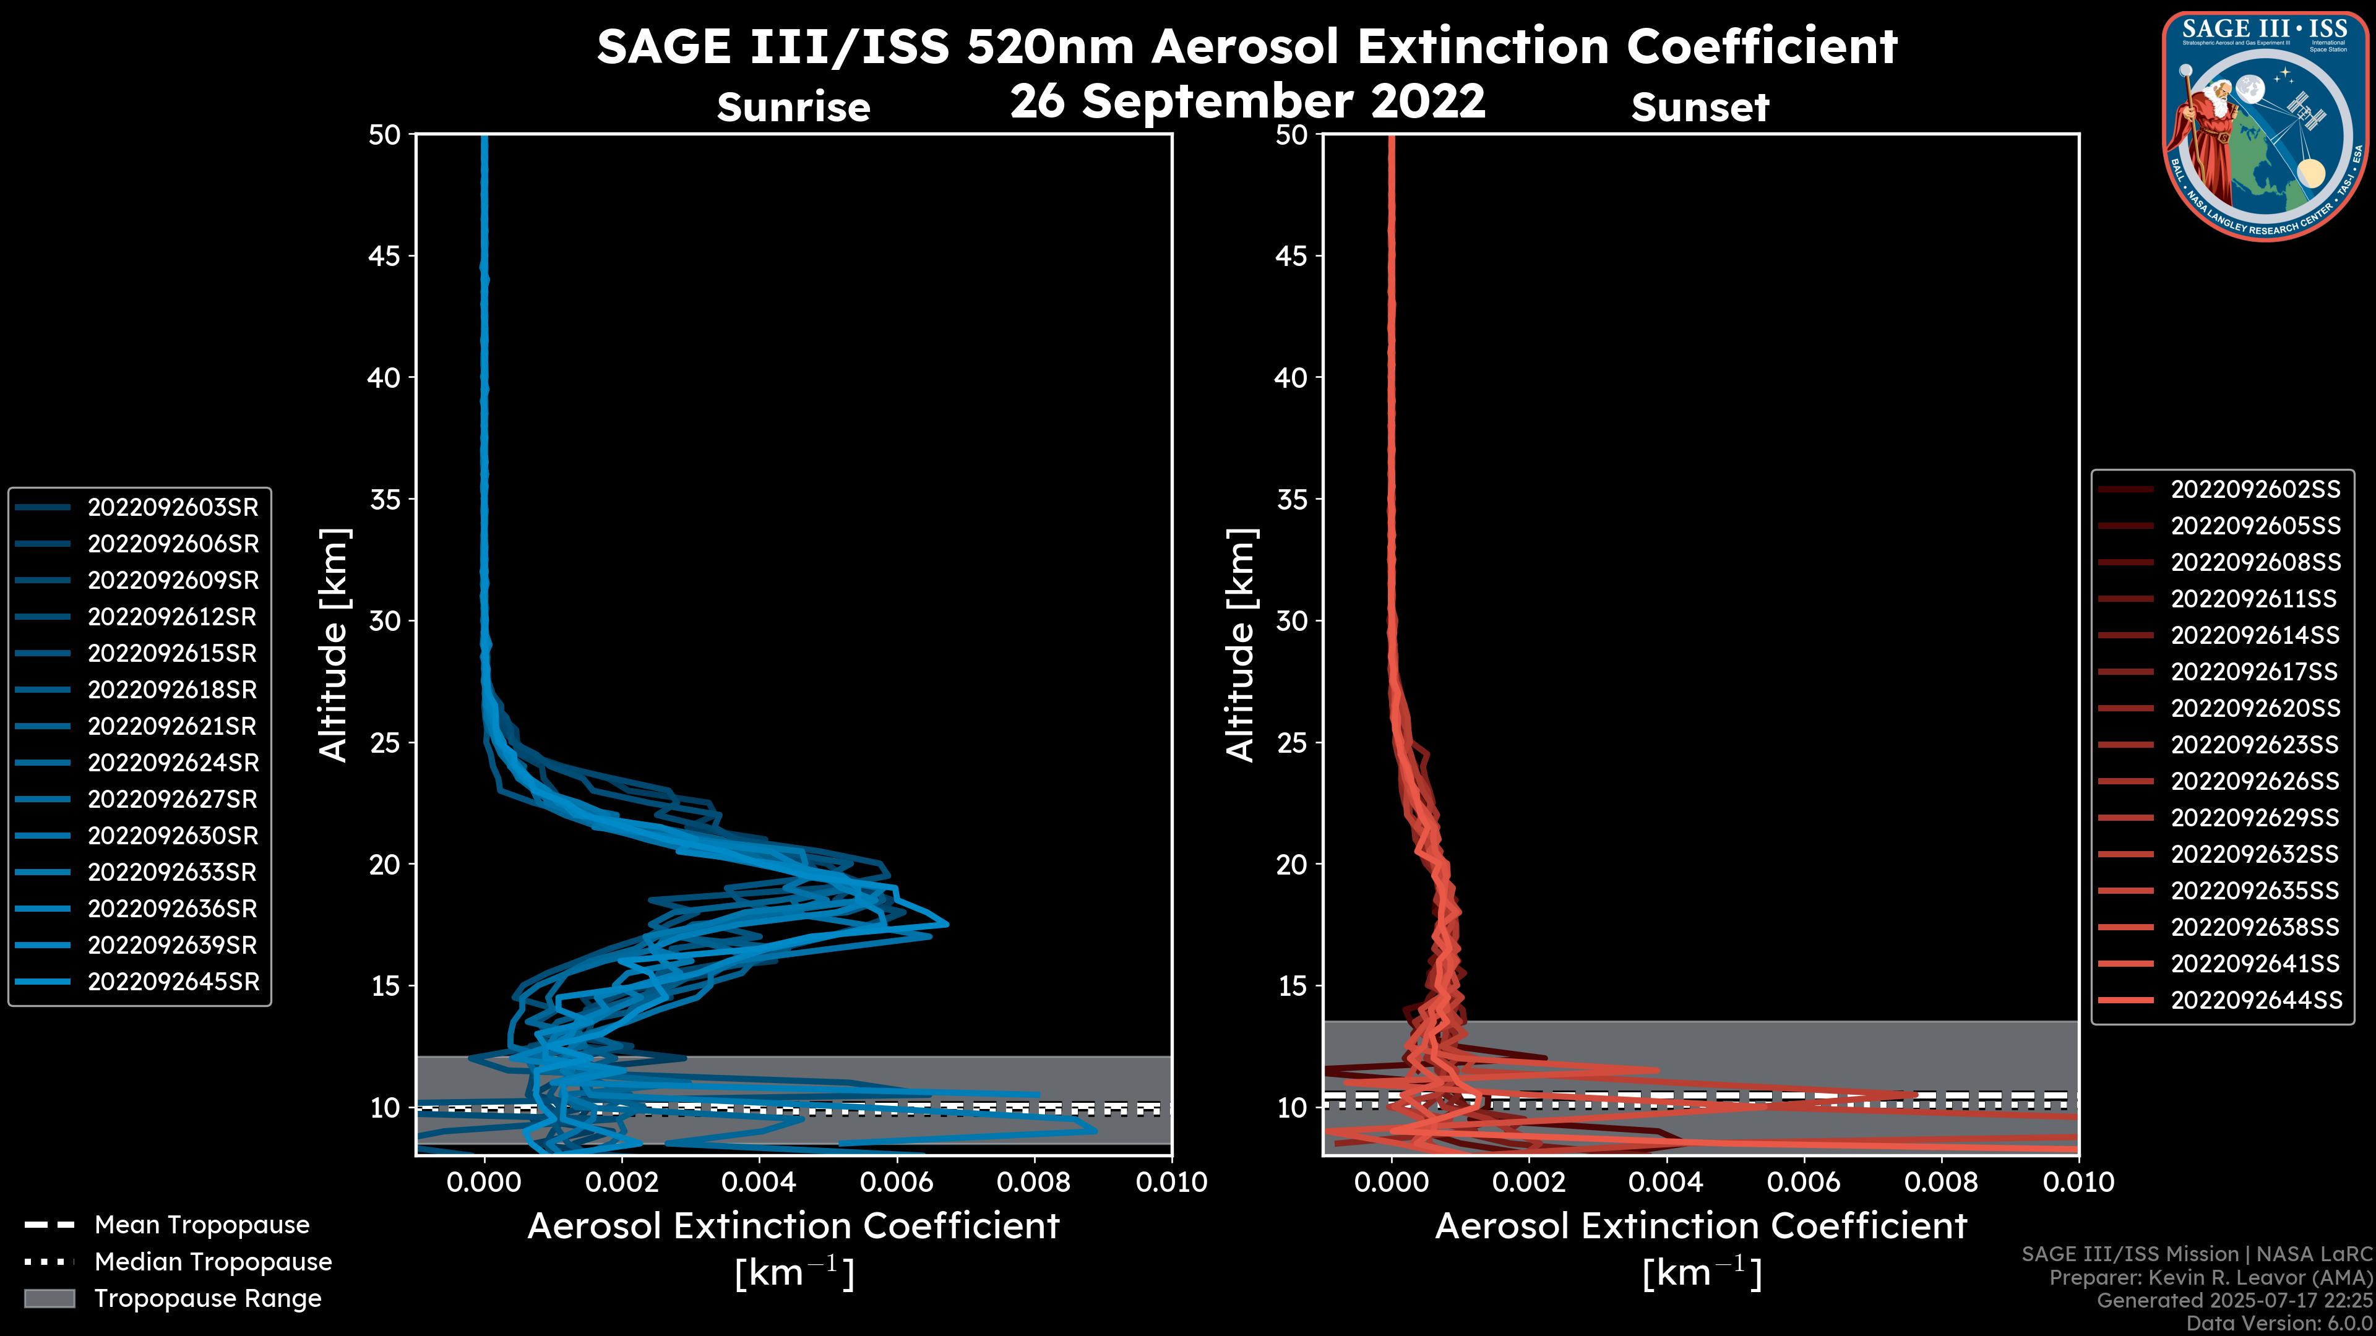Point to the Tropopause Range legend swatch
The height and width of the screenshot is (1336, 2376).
(49, 1299)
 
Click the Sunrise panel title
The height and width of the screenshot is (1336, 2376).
(793, 108)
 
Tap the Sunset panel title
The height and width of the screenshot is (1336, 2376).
(1700, 108)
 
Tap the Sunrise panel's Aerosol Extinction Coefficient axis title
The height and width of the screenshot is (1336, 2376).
(793, 1227)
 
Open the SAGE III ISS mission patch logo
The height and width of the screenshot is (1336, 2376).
(2265, 126)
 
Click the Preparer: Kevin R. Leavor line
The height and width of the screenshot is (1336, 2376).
(2210, 1278)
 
